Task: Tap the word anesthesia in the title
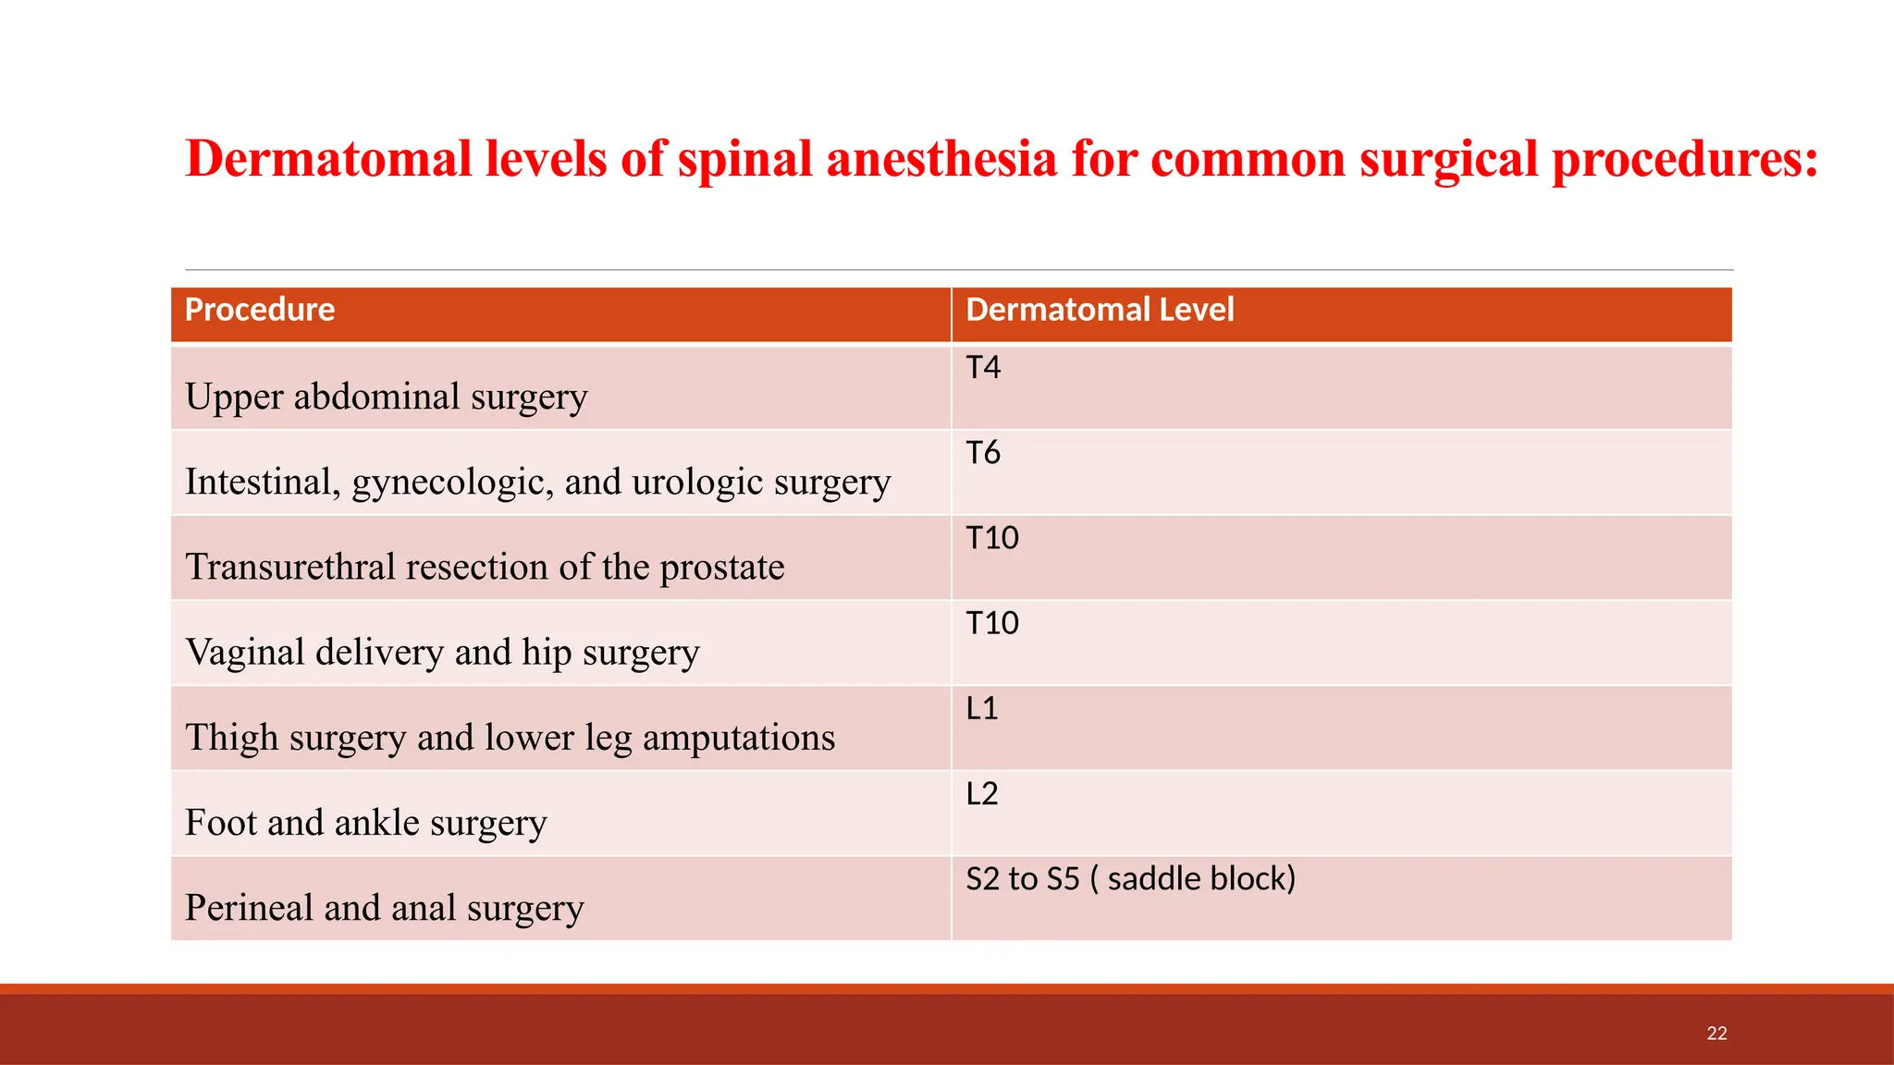941,159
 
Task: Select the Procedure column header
260,310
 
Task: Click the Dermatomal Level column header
1100,310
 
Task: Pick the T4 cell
983,368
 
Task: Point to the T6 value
983,453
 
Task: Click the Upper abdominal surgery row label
386,398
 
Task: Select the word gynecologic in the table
452,483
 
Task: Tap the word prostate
721,568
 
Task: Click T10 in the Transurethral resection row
992,538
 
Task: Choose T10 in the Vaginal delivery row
992,623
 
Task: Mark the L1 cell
981,709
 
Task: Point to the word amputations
738,738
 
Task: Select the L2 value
981,794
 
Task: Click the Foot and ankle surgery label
365,823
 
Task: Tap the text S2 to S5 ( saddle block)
1130,879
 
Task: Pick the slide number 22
1716,1034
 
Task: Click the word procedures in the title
1684,159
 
